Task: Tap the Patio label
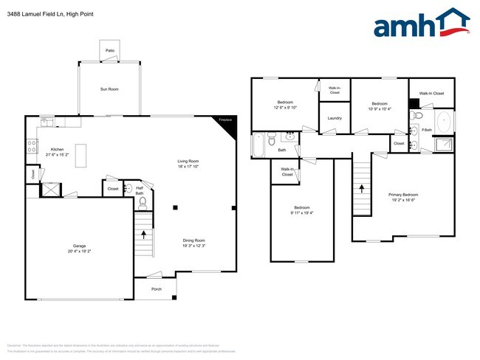click(109, 50)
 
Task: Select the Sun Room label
click(109, 89)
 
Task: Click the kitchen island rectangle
click(83, 154)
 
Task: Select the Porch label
click(157, 289)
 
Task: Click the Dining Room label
click(194, 240)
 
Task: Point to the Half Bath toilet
click(143, 201)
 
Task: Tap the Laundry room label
click(334, 118)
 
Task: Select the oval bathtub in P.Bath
click(445, 122)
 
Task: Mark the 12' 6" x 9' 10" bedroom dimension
click(285, 108)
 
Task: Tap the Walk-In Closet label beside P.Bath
click(431, 94)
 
